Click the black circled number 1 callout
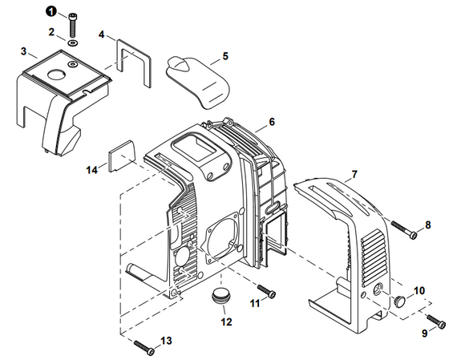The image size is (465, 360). point(52,12)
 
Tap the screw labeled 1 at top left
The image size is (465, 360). point(73,17)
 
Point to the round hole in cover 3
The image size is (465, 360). point(57,75)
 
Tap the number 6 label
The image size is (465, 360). point(272,122)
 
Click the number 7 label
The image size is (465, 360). point(354,174)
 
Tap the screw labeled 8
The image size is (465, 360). point(405,231)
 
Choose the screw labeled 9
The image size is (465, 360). point(435,321)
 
